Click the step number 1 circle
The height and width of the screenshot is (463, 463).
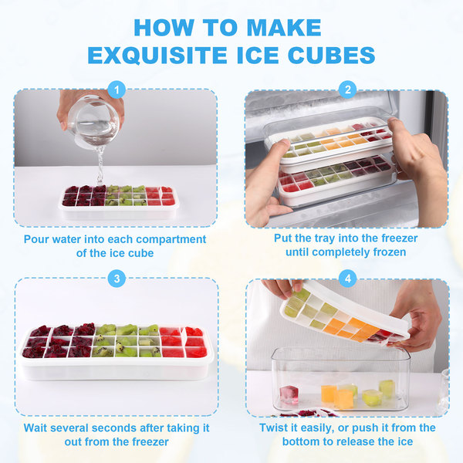pyautogui.click(x=117, y=90)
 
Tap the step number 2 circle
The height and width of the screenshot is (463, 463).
pyautogui.click(x=348, y=90)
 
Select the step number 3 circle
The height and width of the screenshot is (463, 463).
pyautogui.click(x=117, y=279)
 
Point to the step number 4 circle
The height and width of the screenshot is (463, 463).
pyautogui.click(x=348, y=279)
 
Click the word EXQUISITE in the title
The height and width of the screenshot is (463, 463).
pyautogui.click(x=157, y=56)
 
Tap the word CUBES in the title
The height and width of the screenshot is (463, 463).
pyautogui.click(x=331, y=55)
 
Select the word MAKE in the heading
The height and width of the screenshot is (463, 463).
pyautogui.click(x=284, y=28)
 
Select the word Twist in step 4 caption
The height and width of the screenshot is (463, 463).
pyautogui.click(x=272, y=428)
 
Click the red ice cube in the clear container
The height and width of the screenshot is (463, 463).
pyautogui.click(x=289, y=394)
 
